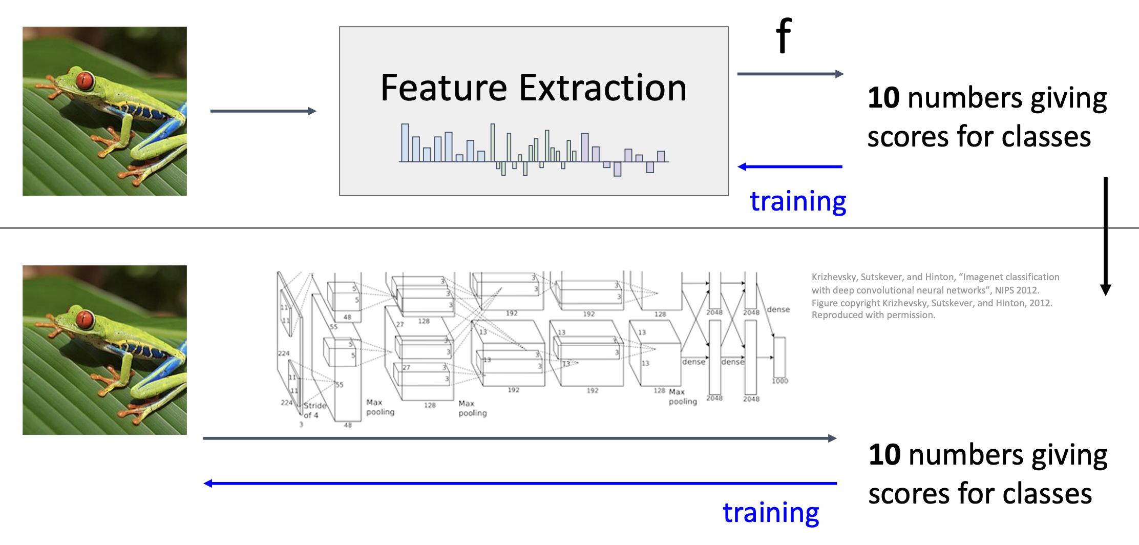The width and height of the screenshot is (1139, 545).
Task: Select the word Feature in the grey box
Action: [x=444, y=88]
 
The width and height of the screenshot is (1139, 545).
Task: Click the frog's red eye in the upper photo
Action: [x=85, y=81]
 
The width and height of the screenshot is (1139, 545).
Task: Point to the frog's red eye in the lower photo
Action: [x=85, y=320]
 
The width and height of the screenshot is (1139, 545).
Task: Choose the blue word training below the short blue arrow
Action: [x=797, y=201]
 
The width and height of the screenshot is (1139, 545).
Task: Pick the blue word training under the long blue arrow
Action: [x=770, y=512]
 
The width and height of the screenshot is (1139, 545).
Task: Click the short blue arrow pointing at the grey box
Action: [x=790, y=166]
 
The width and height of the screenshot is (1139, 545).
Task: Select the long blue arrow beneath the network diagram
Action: [x=520, y=483]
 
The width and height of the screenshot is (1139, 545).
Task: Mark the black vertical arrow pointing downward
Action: [x=1105, y=236]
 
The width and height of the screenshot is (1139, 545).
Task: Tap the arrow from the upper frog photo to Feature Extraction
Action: [x=263, y=111]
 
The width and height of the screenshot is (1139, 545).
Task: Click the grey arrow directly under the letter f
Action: [x=790, y=74]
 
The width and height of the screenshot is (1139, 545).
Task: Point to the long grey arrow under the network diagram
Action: [x=520, y=438]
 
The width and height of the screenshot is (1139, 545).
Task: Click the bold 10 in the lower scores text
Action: [x=884, y=454]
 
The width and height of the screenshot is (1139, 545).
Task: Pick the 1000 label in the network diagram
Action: [x=780, y=381]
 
